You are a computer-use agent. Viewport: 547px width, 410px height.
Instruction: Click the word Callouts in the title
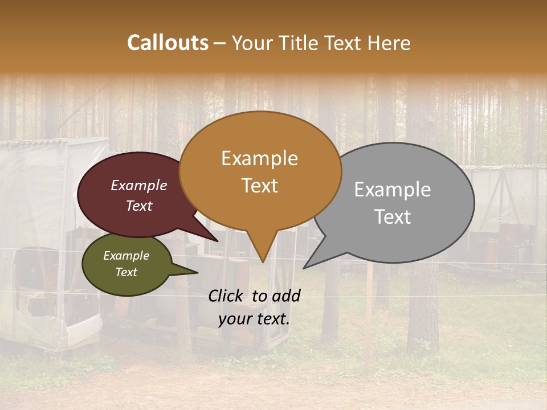[x=168, y=43]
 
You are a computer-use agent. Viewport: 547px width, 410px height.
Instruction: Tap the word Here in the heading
[x=390, y=43]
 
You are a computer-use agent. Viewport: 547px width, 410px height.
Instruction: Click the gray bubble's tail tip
[x=304, y=268]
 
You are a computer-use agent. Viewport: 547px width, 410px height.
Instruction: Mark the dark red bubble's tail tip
[x=217, y=241]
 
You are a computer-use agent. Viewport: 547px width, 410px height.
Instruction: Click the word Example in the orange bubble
[x=259, y=158]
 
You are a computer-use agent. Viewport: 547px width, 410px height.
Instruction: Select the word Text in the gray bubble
[x=393, y=217]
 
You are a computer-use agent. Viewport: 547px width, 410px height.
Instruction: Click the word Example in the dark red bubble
[x=138, y=185]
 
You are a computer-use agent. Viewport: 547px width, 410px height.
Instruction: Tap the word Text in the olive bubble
[x=126, y=272]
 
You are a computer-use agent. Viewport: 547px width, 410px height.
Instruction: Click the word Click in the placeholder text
[x=227, y=296]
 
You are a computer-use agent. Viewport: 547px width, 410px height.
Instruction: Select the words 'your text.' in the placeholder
[x=254, y=319]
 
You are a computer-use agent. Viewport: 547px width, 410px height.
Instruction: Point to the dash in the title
[x=221, y=43]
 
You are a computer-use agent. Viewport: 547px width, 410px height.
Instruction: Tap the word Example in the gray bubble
[x=393, y=190]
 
